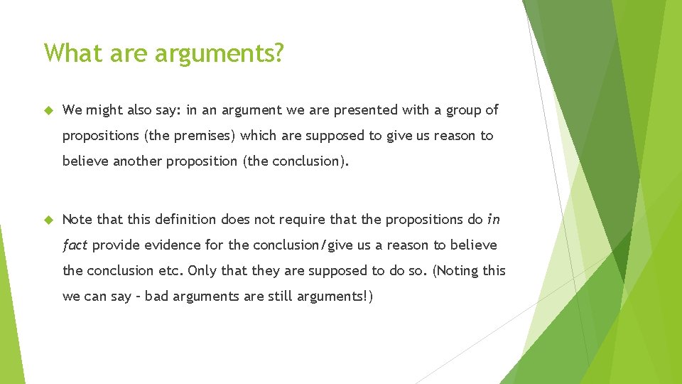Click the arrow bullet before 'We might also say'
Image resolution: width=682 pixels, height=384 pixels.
49,110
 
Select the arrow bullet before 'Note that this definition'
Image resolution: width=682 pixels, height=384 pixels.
49,220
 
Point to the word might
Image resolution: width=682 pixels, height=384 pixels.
104,110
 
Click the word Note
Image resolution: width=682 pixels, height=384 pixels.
77,220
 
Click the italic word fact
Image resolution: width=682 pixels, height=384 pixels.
75,245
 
